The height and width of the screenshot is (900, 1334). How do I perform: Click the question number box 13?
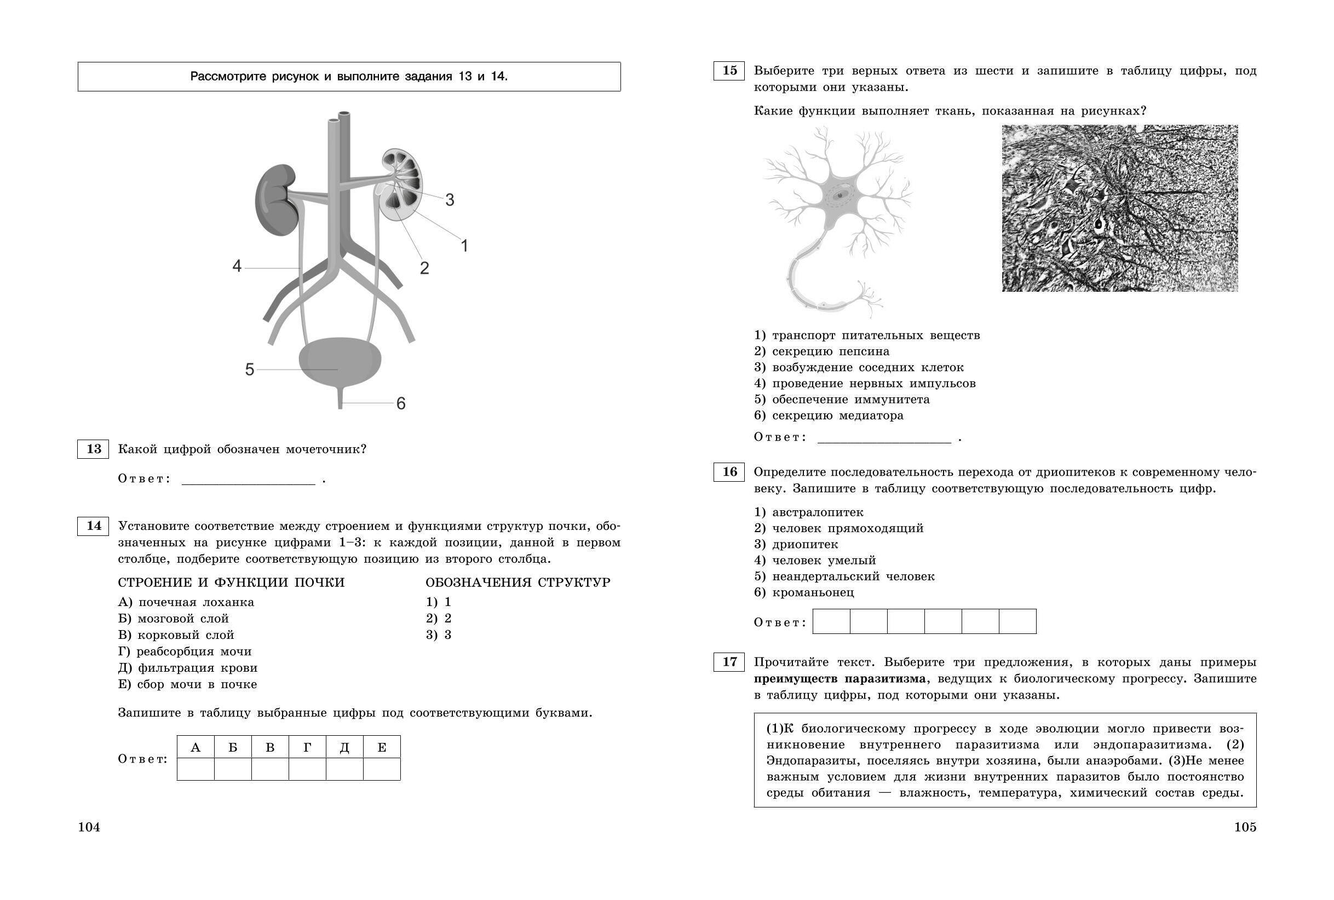(x=93, y=449)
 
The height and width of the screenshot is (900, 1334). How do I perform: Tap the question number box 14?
(x=93, y=526)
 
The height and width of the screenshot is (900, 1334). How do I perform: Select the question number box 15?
(x=729, y=71)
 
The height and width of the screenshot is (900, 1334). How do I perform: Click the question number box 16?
(x=729, y=472)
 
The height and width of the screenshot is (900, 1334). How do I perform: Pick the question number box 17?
(x=729, y=662)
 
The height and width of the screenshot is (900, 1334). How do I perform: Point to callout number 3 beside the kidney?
(x=450, y=200)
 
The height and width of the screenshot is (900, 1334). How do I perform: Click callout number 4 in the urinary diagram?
(x=237, y=266)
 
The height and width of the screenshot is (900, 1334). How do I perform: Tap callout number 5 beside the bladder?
(x=249, y=370)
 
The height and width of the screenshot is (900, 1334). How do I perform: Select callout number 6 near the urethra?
(x=401, y=403)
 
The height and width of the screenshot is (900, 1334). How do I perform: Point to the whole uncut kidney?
(x=276, y=199)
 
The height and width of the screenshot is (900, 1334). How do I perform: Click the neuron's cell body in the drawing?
(x=839, y=195)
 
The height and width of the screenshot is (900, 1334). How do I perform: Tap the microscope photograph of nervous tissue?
(x=1119, y=208)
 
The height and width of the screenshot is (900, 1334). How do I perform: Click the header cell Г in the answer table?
(x=307, y=747)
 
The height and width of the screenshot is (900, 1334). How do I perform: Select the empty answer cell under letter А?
(x=196, y=769)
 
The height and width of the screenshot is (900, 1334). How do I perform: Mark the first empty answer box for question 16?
(x=831, y=621)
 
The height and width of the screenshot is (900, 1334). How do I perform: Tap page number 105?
(x=1245, y=827)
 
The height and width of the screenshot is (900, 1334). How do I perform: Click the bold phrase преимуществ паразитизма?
(x=839, y=678)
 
